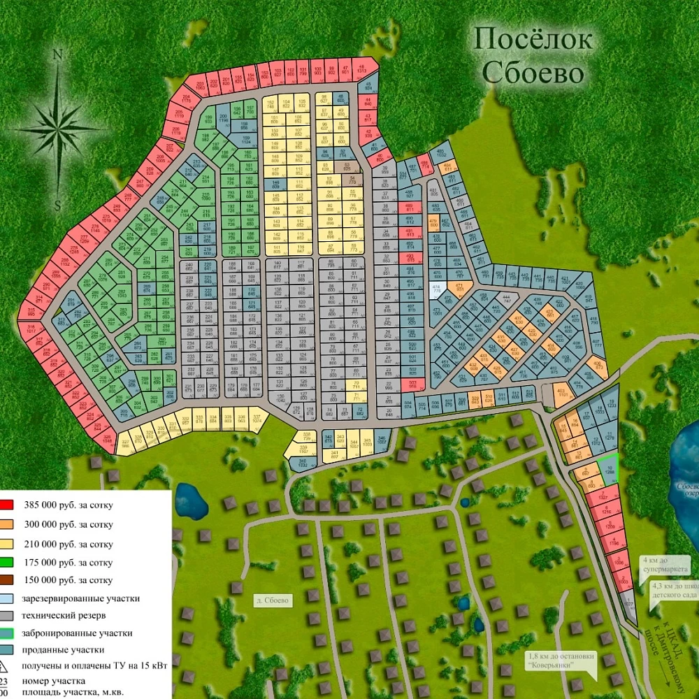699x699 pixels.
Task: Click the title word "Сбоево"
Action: (542, 72)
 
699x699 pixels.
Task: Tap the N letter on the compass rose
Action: (59, 54)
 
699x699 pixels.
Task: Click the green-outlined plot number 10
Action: (609, 470)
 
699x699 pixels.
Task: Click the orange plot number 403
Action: (561, 393)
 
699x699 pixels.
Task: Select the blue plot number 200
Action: (224, 119)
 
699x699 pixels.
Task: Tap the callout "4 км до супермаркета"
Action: (655, 563)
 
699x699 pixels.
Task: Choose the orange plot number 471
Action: (459, 287)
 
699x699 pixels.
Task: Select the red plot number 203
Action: (200, 87)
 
